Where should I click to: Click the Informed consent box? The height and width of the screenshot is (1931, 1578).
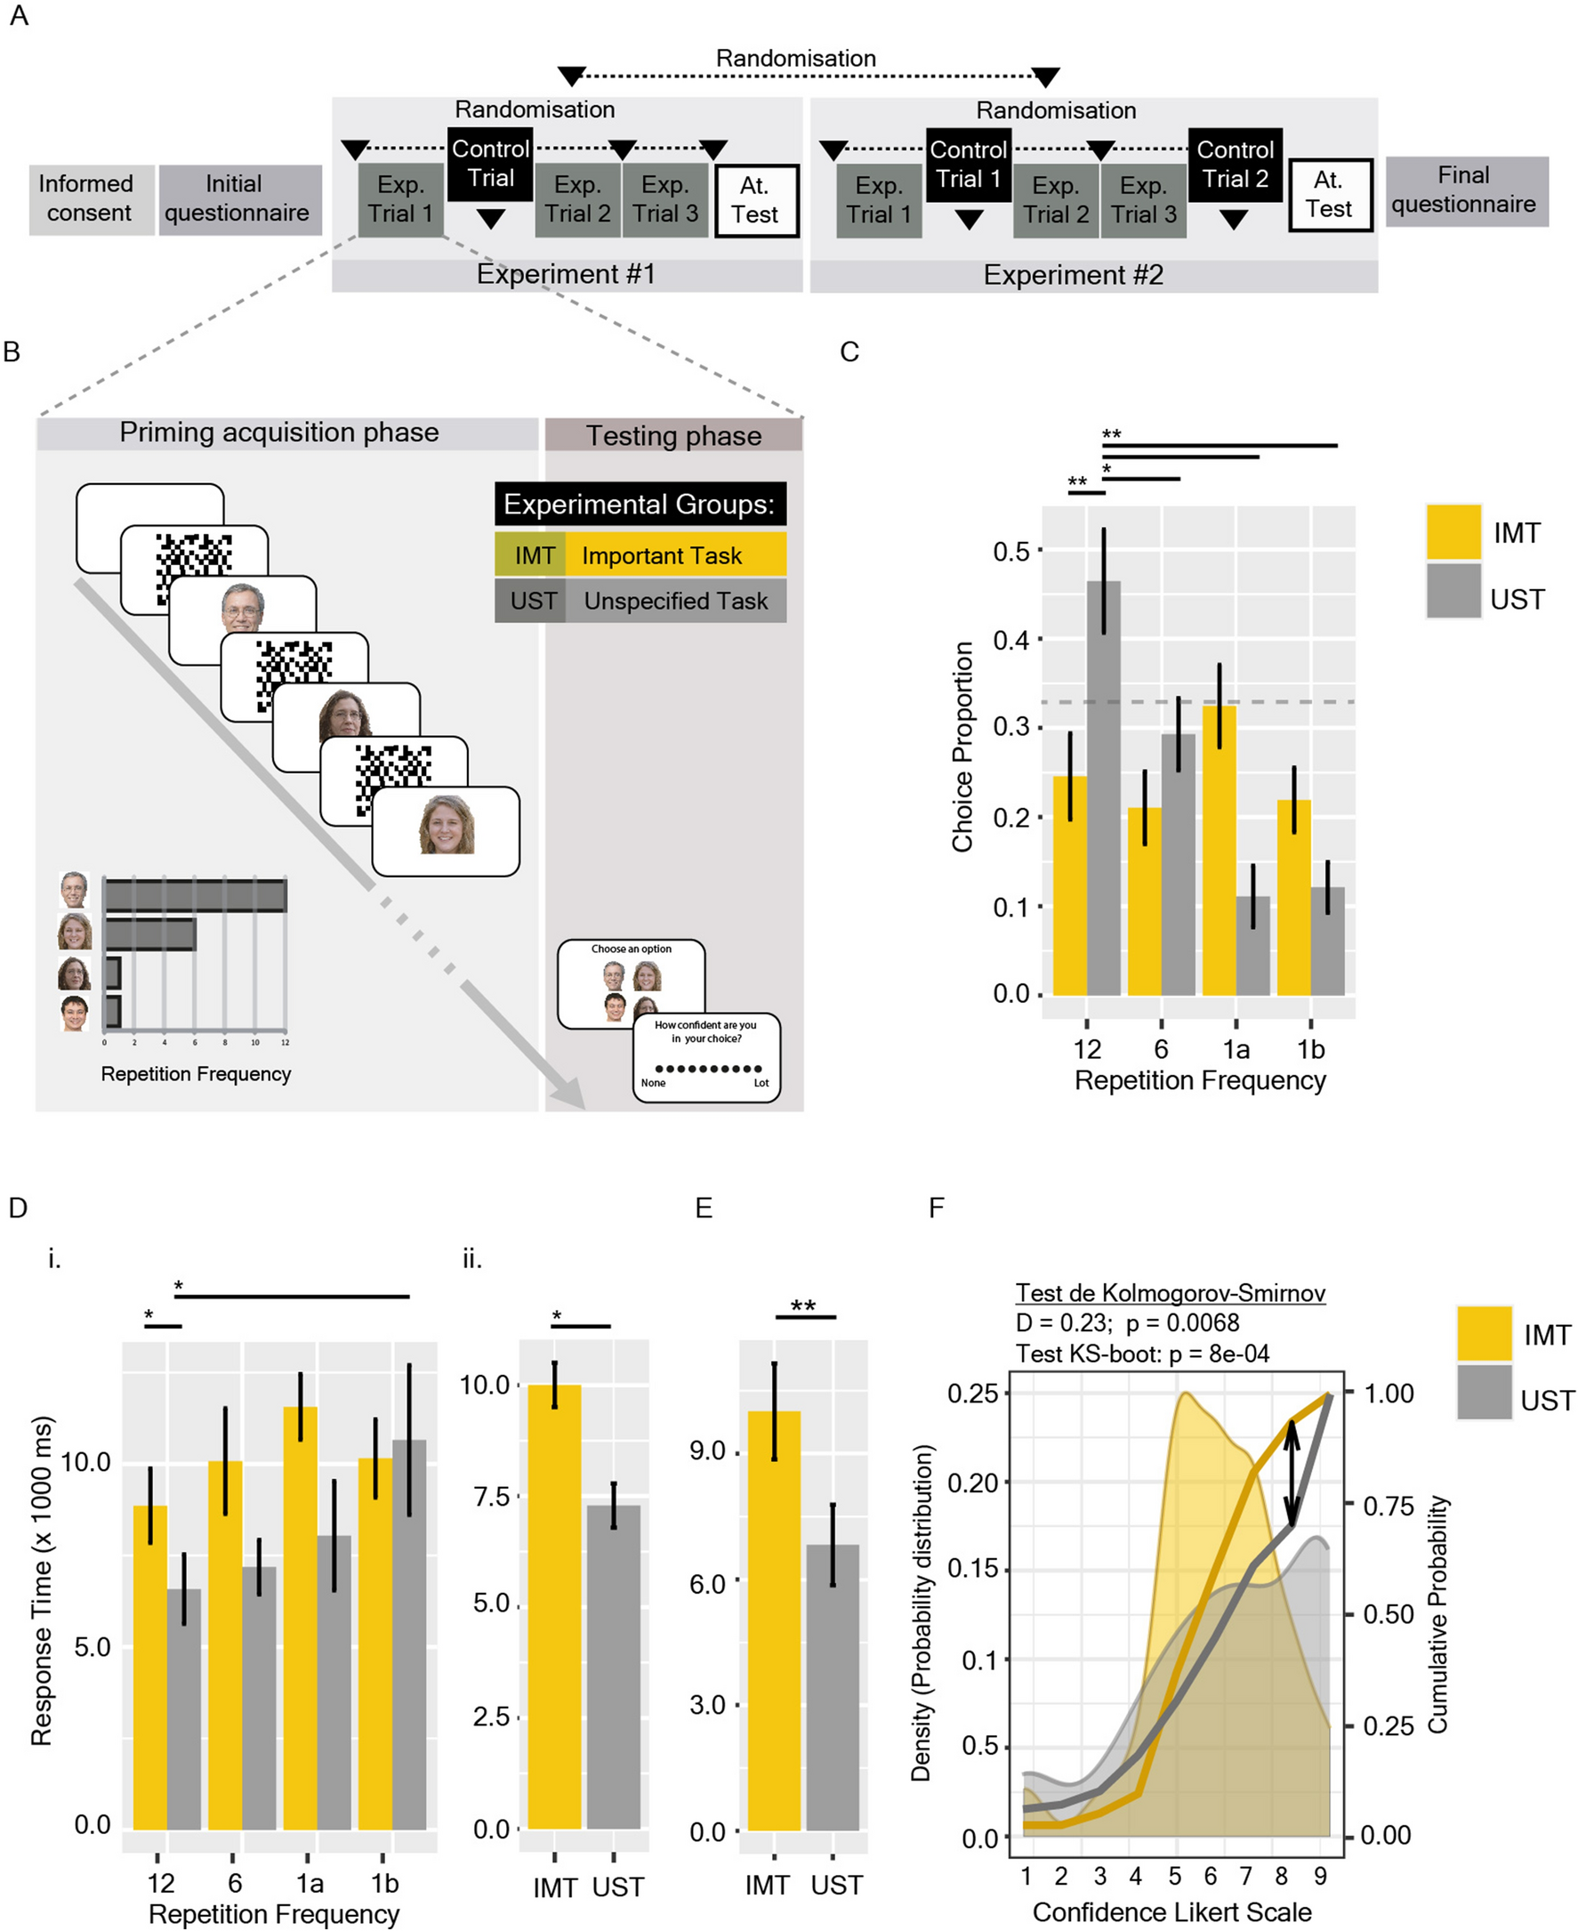coord(90,199)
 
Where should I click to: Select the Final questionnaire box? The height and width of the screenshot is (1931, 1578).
coord(1465,190)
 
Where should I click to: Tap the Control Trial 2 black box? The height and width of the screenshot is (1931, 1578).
coord(1235,165)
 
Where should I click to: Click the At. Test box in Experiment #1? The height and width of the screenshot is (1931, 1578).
coord(755,200)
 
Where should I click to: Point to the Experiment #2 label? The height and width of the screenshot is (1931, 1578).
coord(1074,276)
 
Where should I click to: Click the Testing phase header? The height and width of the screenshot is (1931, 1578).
coord(672,434)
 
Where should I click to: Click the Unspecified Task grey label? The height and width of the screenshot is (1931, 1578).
coord(674,601)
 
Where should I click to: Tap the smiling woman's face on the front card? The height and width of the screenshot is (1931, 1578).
coord(446,825)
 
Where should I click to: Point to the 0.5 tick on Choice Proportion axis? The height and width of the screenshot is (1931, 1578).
coord(1010,551)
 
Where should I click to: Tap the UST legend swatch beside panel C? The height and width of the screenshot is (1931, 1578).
coord(1453,591)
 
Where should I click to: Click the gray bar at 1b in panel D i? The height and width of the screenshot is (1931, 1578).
coord(409,1636)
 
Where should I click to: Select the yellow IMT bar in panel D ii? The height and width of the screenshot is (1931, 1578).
coord(553,1609)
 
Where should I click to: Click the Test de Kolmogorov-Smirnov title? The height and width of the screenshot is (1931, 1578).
coord(1169,1292)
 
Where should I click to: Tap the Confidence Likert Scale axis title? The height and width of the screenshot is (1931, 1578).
coord(1171,1911)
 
